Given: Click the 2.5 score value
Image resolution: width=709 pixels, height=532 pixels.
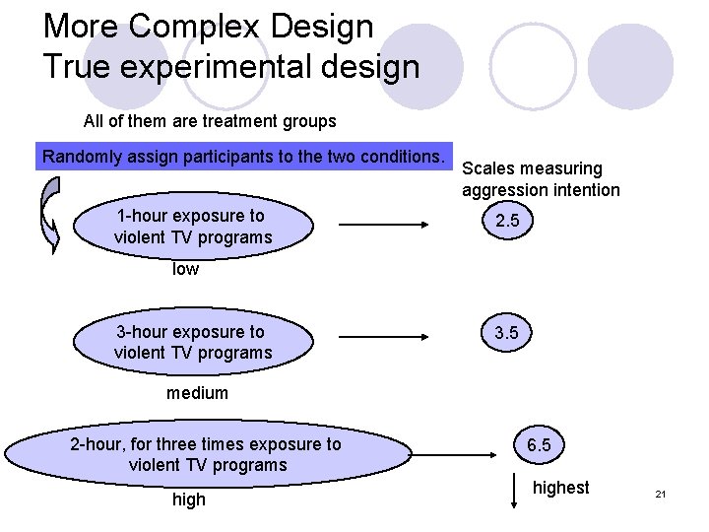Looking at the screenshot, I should (507, 223).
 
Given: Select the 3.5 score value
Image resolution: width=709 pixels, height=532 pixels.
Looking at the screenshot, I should (507, 334).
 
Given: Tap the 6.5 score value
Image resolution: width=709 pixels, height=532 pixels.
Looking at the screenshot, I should (539, 445).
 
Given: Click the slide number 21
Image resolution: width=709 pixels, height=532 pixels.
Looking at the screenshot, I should (661, 494).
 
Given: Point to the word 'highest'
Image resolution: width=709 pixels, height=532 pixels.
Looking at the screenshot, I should (560, 488).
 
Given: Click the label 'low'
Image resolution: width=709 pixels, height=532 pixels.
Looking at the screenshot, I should (185, 269).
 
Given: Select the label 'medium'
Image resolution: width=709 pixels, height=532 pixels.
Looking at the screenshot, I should (197, 393).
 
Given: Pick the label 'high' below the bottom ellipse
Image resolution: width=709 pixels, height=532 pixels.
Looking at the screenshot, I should (189, 499).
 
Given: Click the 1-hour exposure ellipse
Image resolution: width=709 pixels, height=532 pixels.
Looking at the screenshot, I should (193, 227).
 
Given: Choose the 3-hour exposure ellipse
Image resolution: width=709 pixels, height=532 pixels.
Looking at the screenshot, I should (193, 342).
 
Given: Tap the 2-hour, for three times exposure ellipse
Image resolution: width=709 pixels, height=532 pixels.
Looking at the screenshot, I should (206, 454).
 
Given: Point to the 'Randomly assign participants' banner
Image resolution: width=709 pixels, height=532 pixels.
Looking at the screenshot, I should (241, 157).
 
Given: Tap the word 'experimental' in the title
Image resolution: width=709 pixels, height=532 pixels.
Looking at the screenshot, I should (214, 67).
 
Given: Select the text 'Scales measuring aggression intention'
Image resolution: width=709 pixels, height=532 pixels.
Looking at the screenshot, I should (540, 179).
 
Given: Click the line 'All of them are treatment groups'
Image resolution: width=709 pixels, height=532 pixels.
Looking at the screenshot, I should (210, 122).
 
